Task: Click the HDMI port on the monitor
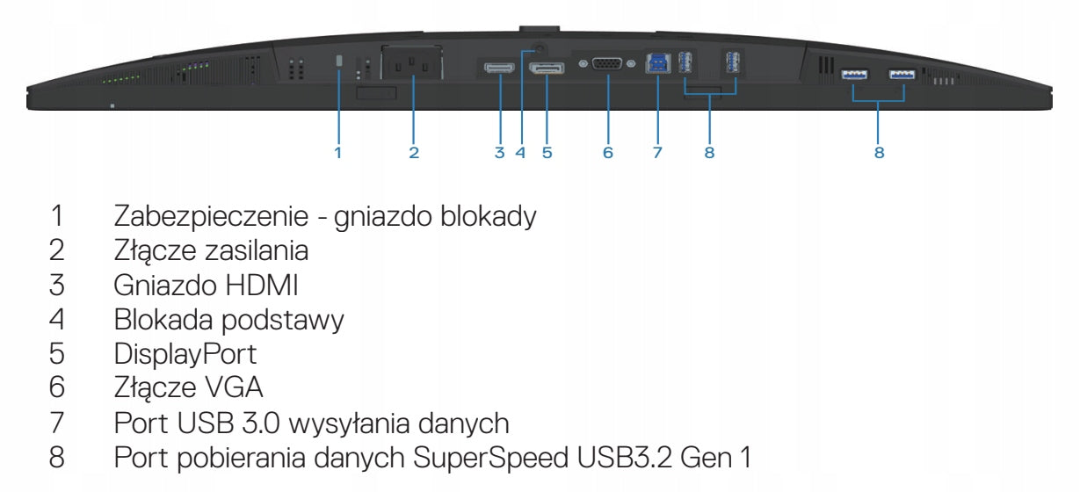coord(499,68)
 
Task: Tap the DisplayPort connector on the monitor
coord(547,68)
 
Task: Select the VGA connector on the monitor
coord(607,63)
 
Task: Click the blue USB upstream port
coord(657,63)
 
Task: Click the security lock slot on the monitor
coord(338,61)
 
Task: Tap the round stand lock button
coord(539,48)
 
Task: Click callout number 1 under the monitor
coord(338,153)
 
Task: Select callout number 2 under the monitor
coord(414,153)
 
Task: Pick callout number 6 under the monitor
coord(607,153)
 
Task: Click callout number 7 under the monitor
coord(657,153)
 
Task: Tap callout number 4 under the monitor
coord(519,153)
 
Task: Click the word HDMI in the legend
coord(261,286)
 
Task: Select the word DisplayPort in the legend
coord(185,355)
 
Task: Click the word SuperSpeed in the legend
coord(491,458)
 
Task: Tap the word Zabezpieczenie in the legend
coord(211,216)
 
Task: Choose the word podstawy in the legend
coord(283,321)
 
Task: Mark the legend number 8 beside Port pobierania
coord(56,458)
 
